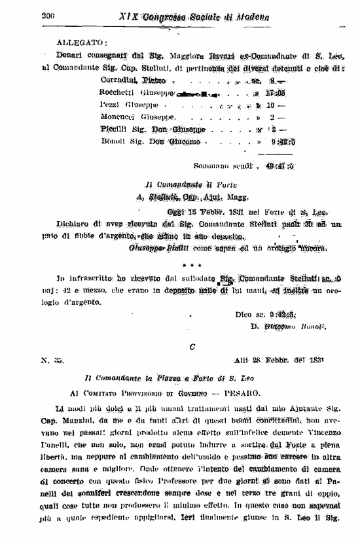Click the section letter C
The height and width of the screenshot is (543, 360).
(192, 347)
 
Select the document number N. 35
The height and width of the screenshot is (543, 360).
(52, 361)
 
